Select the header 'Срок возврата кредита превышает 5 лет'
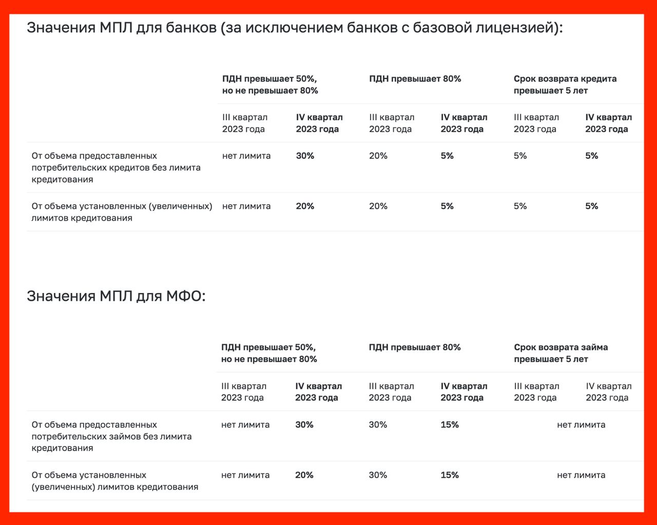coord(565,85)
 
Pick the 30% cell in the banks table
coord(305,155)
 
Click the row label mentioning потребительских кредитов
coord(116,167)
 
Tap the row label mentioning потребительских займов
coord(111,436)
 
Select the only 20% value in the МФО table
coord(304,475)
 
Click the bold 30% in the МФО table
coord(304,424)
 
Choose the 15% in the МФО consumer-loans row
coord(449,424)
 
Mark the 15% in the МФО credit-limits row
coord(449,475)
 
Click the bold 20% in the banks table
coord(305,206)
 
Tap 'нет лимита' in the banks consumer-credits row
coord(246,155)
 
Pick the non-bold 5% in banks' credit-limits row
coord(520,206)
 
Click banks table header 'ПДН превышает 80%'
coord(415,79)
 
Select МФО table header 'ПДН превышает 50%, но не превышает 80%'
coord(269,353)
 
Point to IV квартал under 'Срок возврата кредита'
coord(608,123)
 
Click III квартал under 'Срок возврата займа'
coord(536,392)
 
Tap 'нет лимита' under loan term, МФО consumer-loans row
coord(581,424)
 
